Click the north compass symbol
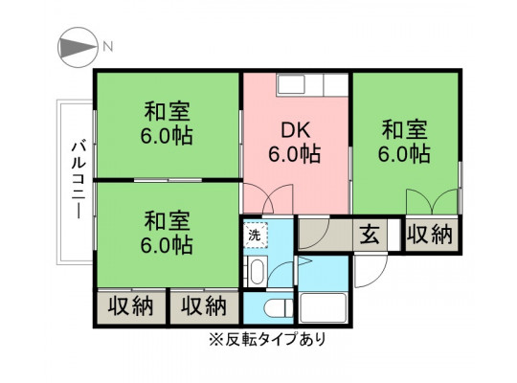pos(78,48)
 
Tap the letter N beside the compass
pos(108,47)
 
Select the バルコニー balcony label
pos(79,180)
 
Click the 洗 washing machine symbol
pos(256,235)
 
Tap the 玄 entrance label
pos(370,235)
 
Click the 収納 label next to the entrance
pos(429,235)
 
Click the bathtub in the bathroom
pos(324,307)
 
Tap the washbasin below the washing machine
pos(257,271)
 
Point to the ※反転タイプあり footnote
pos(267,339)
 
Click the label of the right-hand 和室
pos(404,142)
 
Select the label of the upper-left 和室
pos(167,124)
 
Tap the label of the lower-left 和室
pos(167,233)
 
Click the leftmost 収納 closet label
pos(131,306)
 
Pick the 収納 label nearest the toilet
pos(204,306)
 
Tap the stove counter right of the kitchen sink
pos(336,84)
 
